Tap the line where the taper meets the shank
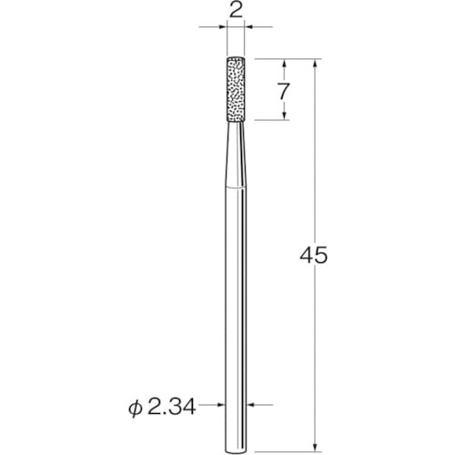(235, 188)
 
